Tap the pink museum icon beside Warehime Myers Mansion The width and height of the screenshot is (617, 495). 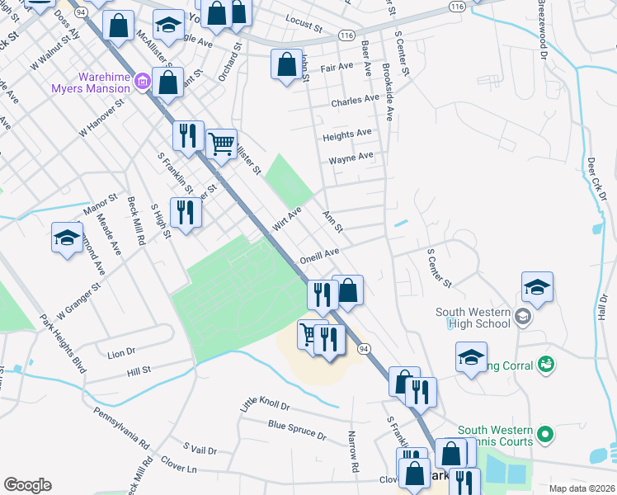coord(143,81)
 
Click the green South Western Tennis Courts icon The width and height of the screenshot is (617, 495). coord(544,433)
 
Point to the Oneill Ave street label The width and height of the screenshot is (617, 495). coord(320,254)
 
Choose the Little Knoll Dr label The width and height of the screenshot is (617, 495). coord(265,403)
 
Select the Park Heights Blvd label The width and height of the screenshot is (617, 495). coord(63,342)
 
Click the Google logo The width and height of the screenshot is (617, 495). coord(27,485)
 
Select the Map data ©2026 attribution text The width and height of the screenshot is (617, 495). coord(581,488)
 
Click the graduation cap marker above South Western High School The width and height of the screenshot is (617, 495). coord(537,288)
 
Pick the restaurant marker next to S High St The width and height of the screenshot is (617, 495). coord(186,214)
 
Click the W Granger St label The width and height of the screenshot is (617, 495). coord(78,302)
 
